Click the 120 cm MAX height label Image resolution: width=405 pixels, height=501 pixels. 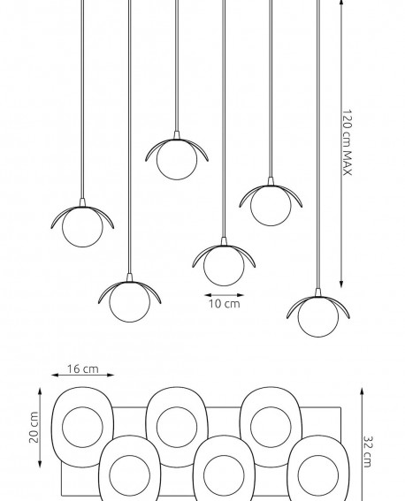click(348, 142)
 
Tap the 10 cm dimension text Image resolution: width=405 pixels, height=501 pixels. click(225, 304)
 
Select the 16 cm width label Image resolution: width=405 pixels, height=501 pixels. click(83, 369)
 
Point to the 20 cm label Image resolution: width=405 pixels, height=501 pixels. click(34, 427)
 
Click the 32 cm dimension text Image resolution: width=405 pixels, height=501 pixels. click(367, 452)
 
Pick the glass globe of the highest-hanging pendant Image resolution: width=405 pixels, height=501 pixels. click(177, 159)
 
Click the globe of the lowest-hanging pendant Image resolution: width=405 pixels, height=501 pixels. click(318, 316)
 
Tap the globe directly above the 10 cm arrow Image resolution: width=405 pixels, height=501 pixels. click(224, 266)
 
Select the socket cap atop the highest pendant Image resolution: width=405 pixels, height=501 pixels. click(177, 135)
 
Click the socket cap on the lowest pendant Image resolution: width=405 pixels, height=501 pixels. click(318, 292)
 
